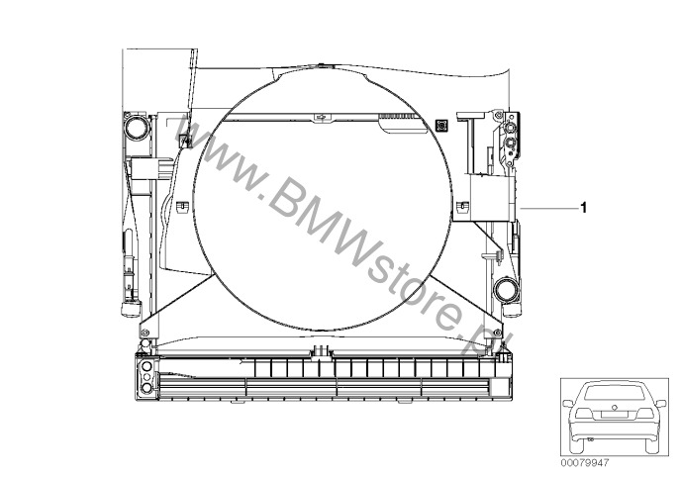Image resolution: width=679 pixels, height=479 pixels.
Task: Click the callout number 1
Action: point(583,208)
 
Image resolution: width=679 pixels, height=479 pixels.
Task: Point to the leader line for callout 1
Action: point(549,208)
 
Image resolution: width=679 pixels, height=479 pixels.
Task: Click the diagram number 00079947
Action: point(585,463)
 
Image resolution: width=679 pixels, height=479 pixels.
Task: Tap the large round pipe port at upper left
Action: point(137,128)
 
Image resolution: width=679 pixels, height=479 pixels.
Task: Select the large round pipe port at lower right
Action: point(506,290)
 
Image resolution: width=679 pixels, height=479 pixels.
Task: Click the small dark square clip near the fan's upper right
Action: point(440,125)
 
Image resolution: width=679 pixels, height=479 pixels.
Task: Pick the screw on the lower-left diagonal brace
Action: point(145,333)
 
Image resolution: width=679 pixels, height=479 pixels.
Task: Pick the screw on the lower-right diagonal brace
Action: point(497,333)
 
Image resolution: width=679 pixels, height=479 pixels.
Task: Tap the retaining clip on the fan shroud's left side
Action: point(182,207)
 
